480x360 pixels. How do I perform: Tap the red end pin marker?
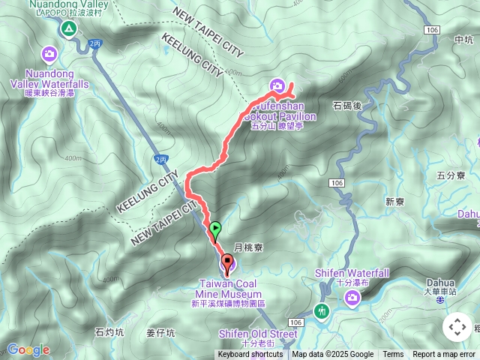click(227, 263)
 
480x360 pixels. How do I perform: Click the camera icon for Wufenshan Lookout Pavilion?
click(277, 86)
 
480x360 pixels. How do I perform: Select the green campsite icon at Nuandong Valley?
click(68, 28)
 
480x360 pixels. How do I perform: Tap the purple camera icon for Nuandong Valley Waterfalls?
click(49, 53)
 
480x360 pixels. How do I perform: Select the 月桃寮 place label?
click(247, 247)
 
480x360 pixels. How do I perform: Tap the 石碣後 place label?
click(347, 105)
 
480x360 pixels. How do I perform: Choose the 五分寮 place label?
click(450, 175)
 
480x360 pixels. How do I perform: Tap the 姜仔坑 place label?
click(160, 331)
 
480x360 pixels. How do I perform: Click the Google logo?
click(28, 349)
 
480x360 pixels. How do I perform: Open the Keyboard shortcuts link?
click(250, 355)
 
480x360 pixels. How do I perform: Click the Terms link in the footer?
click(393, 355)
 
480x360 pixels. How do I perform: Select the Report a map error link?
click(443, 355)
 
